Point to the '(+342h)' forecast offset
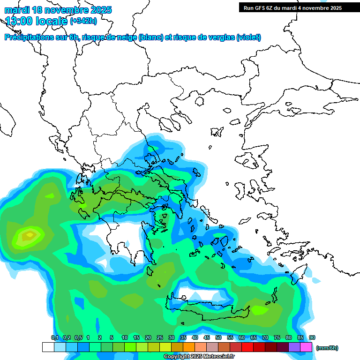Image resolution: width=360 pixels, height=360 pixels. tap(83, 21)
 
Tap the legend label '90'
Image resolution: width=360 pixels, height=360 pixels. tap(312, 337)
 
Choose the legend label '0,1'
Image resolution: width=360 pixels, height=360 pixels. tap(54, 337)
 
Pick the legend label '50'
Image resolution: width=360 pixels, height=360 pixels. tap(218, 337)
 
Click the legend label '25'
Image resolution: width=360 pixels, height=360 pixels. tap(160, 337)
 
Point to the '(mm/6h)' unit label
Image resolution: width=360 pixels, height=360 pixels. tap(327, 348)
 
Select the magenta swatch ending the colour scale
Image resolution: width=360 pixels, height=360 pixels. tap(306, 347)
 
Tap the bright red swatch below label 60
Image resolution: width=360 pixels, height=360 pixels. tap(247, 347)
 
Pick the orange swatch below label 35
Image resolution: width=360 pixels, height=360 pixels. tap(189, 347)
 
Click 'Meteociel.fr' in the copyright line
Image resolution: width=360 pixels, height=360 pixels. tap(218, 357)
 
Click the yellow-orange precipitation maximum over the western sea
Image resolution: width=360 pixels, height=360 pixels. tap(29, 234)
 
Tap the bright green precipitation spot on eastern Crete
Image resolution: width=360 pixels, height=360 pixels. tap(259, 310)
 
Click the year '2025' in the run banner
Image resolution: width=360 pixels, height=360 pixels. tap(334, 8)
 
